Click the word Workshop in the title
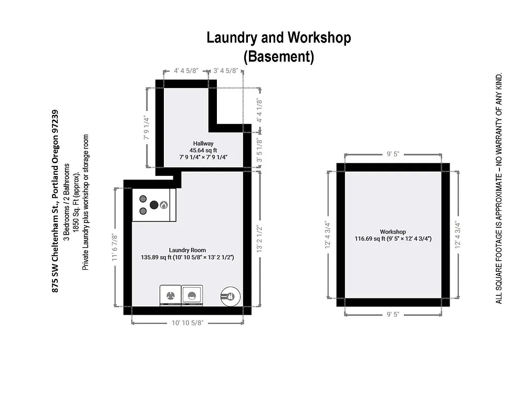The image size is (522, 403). [319, 38]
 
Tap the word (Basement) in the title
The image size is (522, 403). [279, 56]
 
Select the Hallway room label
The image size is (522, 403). [203, 143]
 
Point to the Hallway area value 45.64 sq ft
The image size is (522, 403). [203, 150]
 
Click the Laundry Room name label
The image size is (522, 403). [187, 250]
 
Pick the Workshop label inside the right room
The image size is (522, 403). [393, 231]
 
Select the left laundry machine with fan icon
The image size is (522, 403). [170, 295]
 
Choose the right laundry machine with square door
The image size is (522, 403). [192, 295]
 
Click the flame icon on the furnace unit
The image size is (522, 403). [164, 205]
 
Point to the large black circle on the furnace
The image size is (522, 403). [154, 205]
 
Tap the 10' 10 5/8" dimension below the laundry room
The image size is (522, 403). [187, 323]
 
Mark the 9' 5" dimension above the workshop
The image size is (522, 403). [393, 154]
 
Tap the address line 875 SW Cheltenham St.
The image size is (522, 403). [55, 200]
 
